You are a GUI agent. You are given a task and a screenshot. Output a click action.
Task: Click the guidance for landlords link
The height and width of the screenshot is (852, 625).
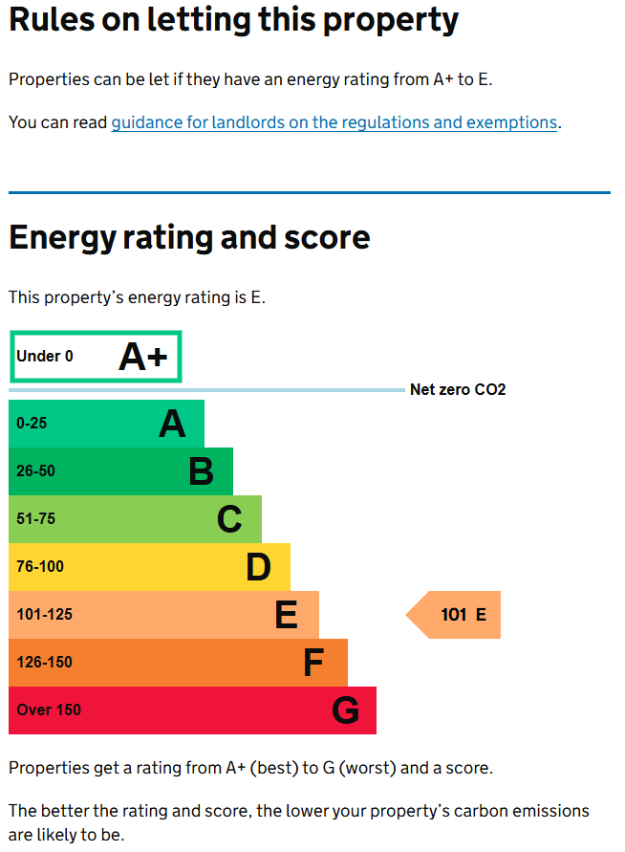pyautogui.click(x=334, y=122)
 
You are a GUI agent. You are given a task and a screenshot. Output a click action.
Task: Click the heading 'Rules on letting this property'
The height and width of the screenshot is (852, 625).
pyautogui.click(x=233, y=20)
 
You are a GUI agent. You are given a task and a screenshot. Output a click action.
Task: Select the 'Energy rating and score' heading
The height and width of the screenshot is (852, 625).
pyautogui.click(x=189, y=237)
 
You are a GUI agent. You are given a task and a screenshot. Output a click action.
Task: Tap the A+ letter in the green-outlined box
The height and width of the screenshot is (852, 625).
pyautogui.click(x=142, y=358)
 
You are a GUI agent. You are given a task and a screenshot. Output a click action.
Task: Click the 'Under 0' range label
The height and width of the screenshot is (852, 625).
pyautogui.click(x=45, y=357)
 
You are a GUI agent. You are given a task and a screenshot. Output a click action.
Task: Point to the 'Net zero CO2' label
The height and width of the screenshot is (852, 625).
pyautogui.click(x=458, y=389)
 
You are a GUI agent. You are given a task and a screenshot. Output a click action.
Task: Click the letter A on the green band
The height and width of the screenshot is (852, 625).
pyautogui.click(x=172, y=424)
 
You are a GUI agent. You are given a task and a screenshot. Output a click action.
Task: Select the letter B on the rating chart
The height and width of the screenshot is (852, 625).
pyautogui.click(x=201, y=471)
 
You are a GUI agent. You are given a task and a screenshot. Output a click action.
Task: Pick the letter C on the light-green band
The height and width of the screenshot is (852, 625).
pyautogui.click(x=229, y=519)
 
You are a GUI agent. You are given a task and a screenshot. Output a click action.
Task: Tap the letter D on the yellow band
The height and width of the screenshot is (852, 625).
pyautogui.click(x=258, y=567)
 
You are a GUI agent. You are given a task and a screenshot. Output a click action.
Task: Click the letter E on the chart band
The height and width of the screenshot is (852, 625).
pyautogui.click(x=286, y=615)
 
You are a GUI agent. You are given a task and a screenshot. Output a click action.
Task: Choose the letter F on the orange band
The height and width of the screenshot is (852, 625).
pyautogui.click(x=313, y=663)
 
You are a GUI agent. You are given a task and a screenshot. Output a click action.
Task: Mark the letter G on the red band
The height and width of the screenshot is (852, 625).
pyautogui.click(x=345, y=710)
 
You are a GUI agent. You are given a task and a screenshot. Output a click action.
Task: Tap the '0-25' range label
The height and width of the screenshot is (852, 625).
pyautogui.click(x=32, y=424)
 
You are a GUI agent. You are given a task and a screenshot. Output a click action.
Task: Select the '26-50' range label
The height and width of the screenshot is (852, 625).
pyautogui.click(x=36, y=471)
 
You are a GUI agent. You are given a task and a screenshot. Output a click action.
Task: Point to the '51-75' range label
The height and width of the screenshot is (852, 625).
pyautogui.click(x=36, y=519)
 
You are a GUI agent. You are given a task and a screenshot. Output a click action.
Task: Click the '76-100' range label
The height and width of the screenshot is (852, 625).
pyautogui.click(x=40, y=567)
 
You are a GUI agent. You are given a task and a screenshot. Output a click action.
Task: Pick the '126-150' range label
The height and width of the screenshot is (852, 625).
pyautogui.click(x=44, y=663)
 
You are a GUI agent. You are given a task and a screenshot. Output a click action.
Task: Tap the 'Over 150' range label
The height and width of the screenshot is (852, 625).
pyautogui.click(x=49, y=710)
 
